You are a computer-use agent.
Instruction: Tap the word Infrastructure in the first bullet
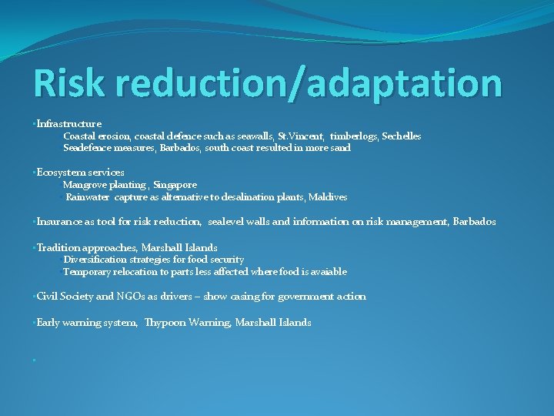[x=69, y=123]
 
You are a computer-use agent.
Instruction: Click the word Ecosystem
[x=58, y=173]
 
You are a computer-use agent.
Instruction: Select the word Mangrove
[x=84, y=185]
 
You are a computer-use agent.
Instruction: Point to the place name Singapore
[x=175, y=185]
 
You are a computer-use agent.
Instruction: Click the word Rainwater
[x=89, y=197]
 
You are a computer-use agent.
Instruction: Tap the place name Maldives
[x=328, y=197]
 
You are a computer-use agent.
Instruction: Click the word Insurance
[x=59, y=222]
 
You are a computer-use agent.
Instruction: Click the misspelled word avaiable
[x=327, y=272]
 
